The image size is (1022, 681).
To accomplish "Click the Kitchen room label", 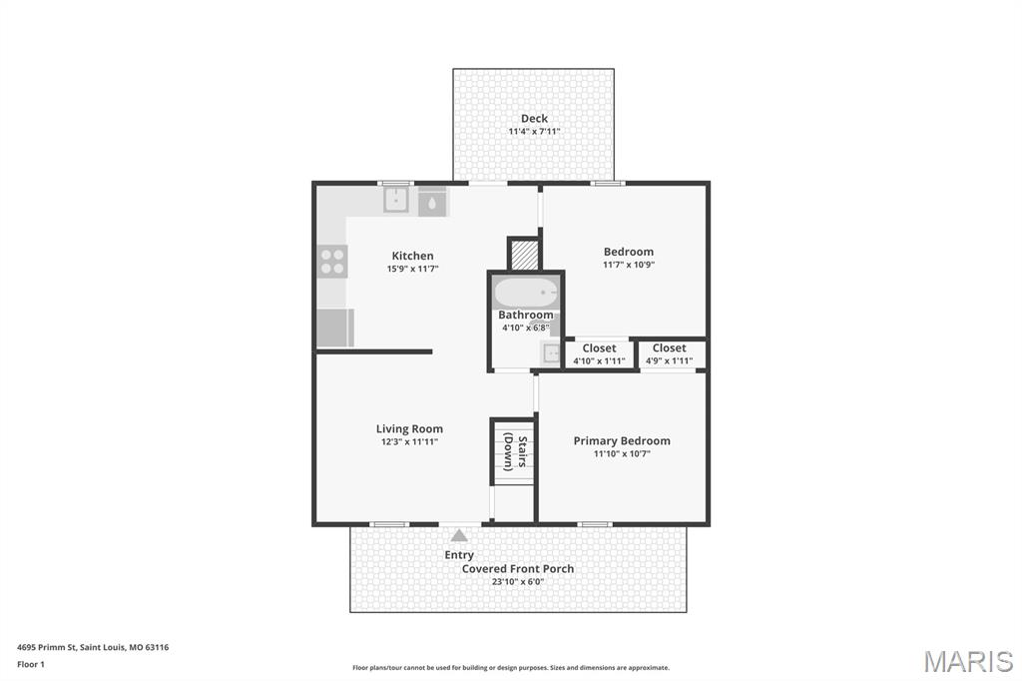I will click(x=412, y=256).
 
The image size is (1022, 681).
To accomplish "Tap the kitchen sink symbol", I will click(x=397, y=201).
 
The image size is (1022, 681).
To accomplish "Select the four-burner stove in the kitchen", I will click(x=332, y=262).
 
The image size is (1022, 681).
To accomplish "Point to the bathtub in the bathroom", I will click(x=525, y=293).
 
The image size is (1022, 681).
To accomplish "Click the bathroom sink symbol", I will click(x=550, y=352).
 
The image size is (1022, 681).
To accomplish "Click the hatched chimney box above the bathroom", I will click(x=524, y=255).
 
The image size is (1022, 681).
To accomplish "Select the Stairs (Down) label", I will click(x=515, y=450).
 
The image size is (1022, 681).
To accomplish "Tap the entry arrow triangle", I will click(x=459, y=536).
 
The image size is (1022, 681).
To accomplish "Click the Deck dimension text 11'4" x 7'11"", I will click(x=534, y=131).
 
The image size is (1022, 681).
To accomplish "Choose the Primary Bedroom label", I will click(x=621, y=440).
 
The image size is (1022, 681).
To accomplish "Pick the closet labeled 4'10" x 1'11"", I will click(x=599, y=354).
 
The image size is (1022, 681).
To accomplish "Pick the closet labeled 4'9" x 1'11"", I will click(x=669, y=354).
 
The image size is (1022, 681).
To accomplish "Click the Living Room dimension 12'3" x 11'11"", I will click(x=409, y=441).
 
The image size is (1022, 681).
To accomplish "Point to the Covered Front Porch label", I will click(x=517, y=569).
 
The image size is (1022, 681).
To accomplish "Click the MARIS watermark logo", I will click(x=967, y=661).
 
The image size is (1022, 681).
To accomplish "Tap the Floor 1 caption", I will click(x=31, y=664).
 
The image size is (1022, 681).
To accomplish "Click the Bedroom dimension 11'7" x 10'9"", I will click(x=628, y=265).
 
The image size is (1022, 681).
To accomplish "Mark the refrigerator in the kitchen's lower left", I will click(x=334, y=327).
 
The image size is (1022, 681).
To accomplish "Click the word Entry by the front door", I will click(x=459, y=555).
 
